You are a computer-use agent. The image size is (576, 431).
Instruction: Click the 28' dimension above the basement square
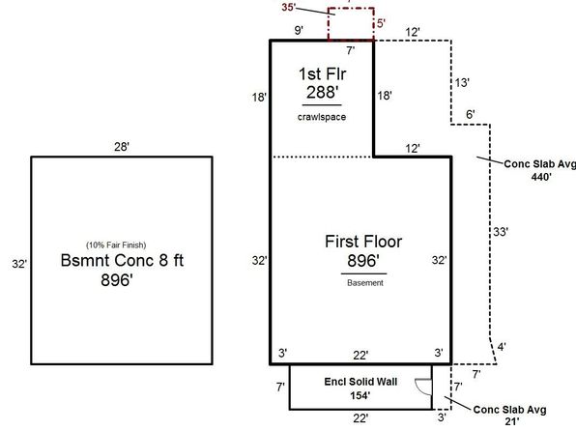click(122, 147)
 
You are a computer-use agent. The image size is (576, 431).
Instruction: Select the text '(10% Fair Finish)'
click(116, 245)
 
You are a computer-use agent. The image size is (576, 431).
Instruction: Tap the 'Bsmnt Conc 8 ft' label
click(122, 261)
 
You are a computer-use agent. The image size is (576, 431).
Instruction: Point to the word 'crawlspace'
click(322, 117)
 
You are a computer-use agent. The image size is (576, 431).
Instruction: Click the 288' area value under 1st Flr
click(322, 92)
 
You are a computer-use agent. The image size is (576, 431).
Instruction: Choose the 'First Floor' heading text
click(363, 242)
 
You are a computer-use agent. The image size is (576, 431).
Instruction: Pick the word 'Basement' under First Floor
click(365, 283)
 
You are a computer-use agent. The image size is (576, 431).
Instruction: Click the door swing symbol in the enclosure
click(423, 387)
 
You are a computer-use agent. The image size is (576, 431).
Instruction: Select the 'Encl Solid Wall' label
click(360, 382)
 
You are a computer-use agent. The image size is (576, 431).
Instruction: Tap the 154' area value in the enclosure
click(360, 395)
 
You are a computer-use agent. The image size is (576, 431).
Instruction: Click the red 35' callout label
click(289, 7)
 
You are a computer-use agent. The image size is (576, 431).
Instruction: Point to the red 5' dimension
click(381, 23)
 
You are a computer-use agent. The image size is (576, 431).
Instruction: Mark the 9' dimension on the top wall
click(299, 30)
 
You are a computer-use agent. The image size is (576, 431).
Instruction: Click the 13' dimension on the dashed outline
click(462, 83)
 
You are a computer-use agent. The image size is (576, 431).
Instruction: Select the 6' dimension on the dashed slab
click(471, 114)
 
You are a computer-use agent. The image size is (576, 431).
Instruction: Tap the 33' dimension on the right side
click(501, 232)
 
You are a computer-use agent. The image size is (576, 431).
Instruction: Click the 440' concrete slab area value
click(541, 177)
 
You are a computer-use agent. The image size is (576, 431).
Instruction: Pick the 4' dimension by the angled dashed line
click(502, 347)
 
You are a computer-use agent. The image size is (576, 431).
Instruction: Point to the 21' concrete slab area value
click(511, 421)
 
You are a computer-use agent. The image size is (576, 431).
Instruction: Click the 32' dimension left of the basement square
click(19, 264)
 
